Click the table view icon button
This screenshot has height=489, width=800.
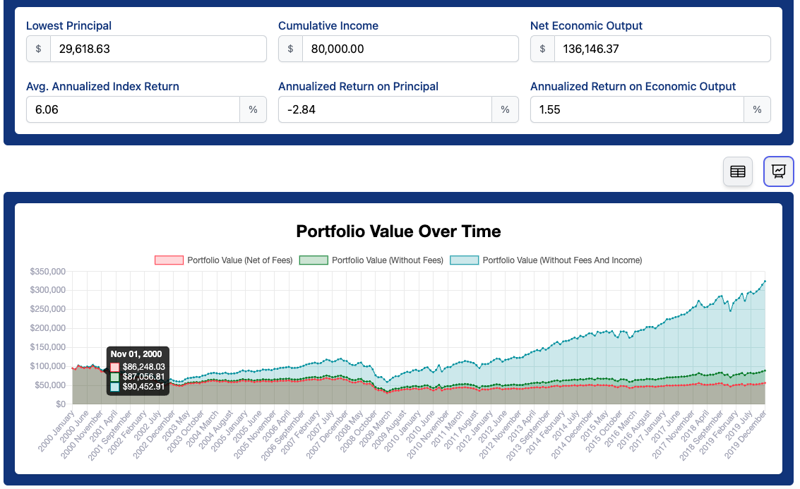(738, 171)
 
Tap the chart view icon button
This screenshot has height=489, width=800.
(779, 171)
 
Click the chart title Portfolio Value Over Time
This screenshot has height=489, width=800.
(398, 231)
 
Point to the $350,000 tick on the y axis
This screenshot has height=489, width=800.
(48, 272)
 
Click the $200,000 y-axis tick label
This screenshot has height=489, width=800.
(48, 328)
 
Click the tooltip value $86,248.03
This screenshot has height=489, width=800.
(143, 367)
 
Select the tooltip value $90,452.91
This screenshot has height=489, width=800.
(143, 387)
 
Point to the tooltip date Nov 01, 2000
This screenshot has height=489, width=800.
(136, 354)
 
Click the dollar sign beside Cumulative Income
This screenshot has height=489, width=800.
(290, 49)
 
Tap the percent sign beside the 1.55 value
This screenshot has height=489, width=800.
(757, 109)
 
